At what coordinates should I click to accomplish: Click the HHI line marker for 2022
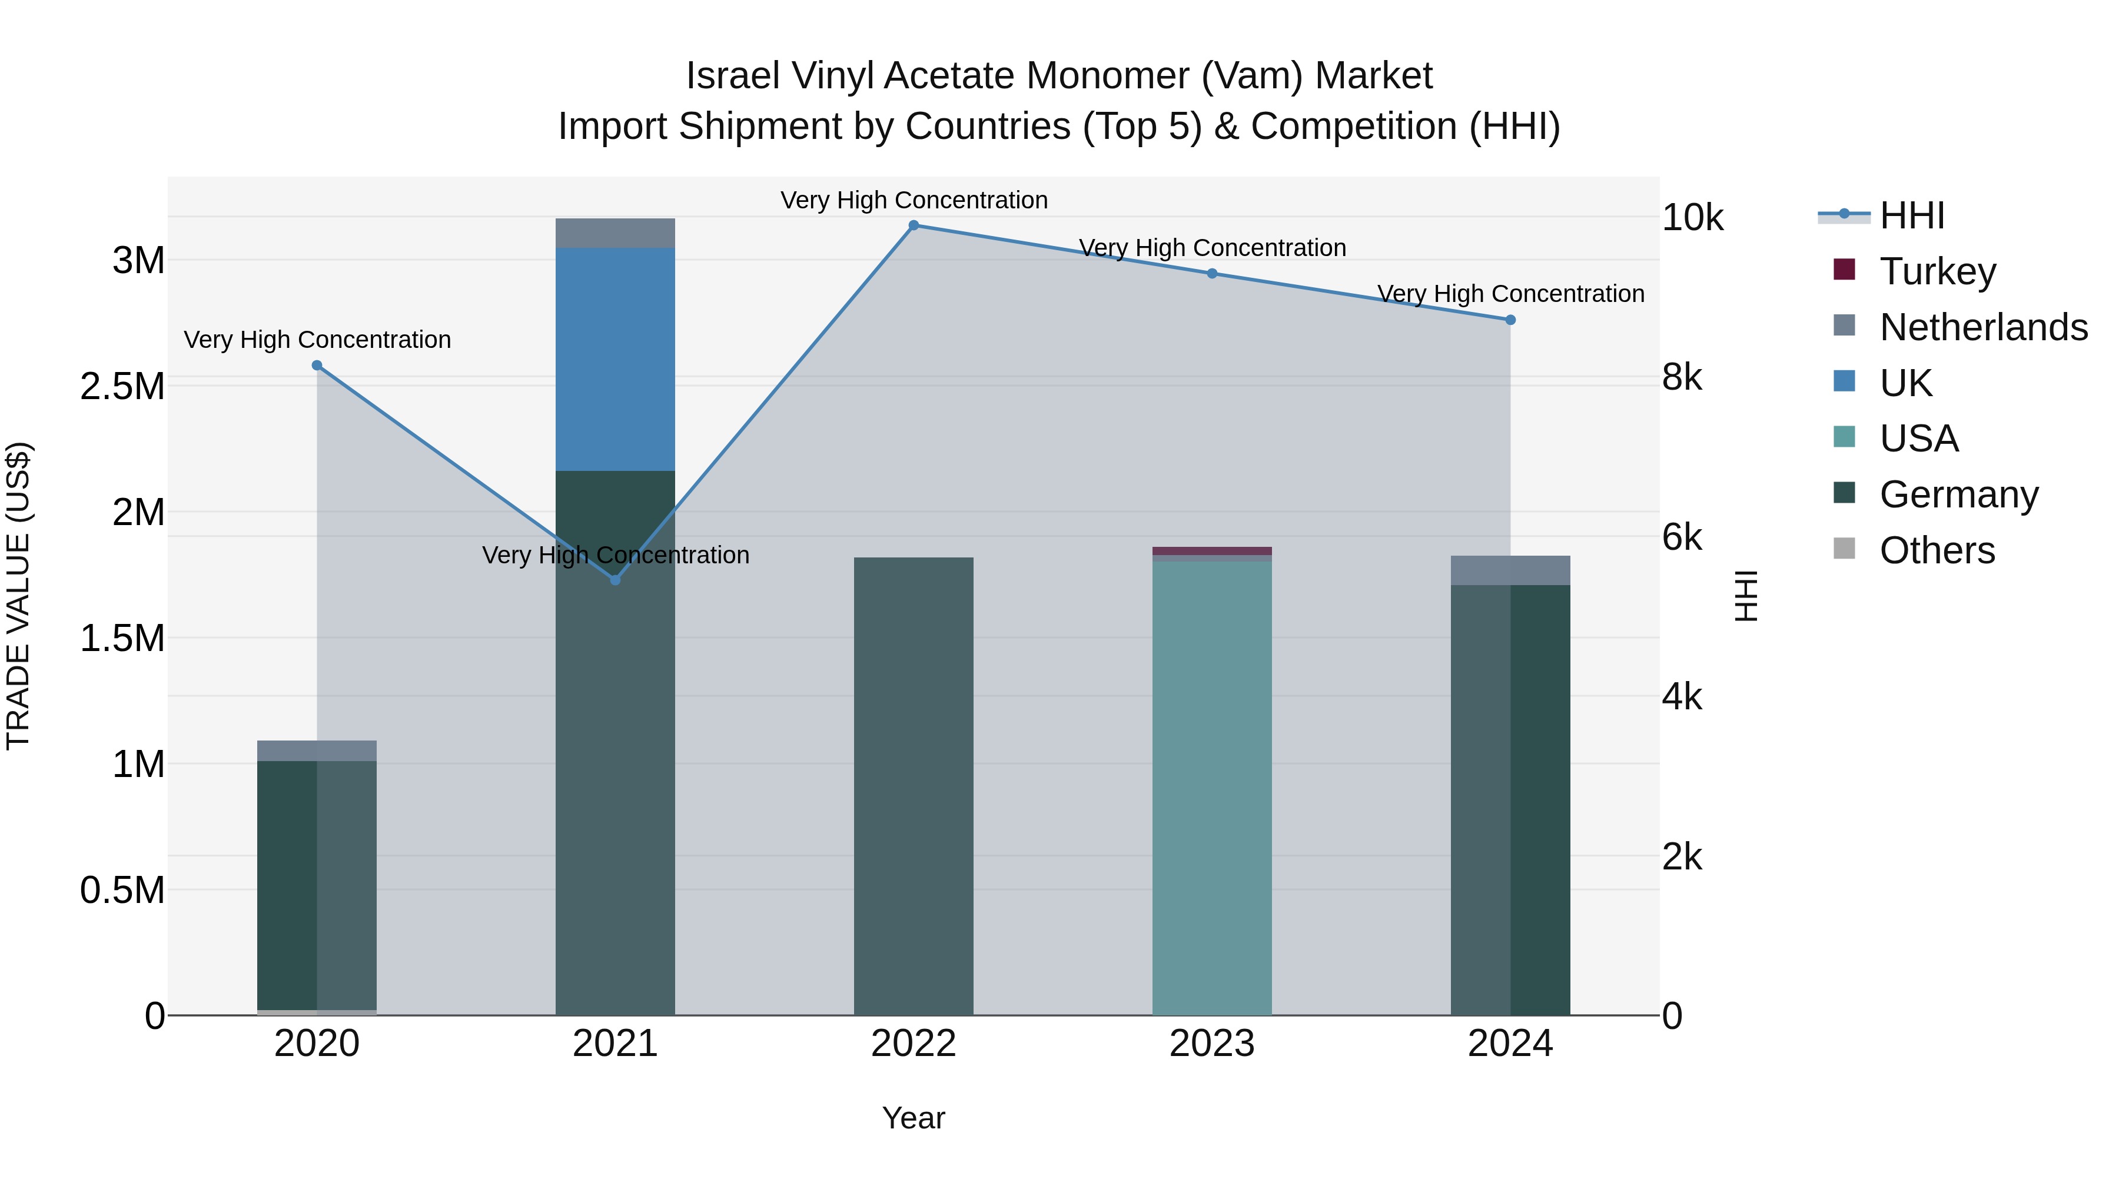(913, 225)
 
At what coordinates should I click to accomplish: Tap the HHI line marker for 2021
(615, 580)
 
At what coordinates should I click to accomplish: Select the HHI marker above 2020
(317, 365)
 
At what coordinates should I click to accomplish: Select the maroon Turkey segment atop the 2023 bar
(1212, 550)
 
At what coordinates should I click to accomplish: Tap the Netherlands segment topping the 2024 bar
(1510, 570)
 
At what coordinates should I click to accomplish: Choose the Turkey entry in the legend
(1937, 271)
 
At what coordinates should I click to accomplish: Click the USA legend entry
(1918, 439)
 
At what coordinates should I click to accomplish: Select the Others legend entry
(1937, 550)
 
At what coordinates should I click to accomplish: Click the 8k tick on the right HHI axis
(1682, 377)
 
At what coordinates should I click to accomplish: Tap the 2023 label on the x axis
(1212, 1044)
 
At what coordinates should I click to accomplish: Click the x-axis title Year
(913, 1118)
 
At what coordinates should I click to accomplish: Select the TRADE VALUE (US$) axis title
(18, 596)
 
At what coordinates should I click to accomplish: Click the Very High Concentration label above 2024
(1510, 294)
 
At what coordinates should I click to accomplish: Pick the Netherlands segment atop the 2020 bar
(317, 751)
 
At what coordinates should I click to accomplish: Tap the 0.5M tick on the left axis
(122, 890)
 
